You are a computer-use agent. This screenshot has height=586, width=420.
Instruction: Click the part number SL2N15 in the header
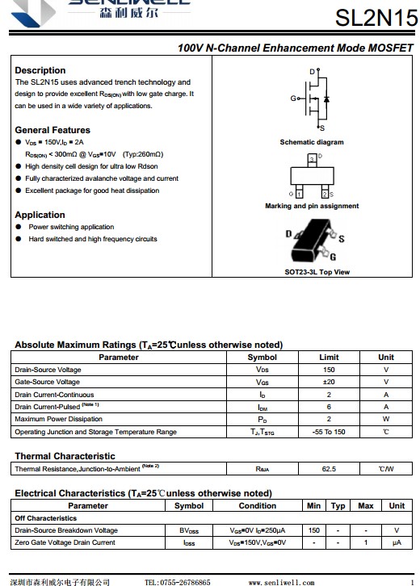point(376,18)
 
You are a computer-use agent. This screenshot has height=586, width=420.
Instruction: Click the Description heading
point(40,70)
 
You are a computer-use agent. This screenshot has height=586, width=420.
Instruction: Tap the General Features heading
point(52,130)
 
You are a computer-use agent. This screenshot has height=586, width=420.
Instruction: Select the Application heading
point(40,215)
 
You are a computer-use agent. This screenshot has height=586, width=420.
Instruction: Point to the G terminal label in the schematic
point(293,98)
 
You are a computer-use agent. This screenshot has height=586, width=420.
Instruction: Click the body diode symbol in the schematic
point(326,99)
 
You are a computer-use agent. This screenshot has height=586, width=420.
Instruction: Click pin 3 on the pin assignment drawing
point(312,160)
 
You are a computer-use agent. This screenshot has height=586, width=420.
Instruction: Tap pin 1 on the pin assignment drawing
point(299,194)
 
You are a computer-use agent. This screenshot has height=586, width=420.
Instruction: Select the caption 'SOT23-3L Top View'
point(317,272)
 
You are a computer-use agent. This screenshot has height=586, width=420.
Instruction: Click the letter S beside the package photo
point(342,238)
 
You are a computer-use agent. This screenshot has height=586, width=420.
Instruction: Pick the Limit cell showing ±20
point(329,382)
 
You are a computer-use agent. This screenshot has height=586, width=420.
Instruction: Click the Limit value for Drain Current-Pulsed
point(329,407)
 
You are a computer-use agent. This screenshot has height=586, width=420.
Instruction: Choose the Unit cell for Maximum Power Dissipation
point(386,419)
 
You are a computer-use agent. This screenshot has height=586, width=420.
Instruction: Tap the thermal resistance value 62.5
point(329,469)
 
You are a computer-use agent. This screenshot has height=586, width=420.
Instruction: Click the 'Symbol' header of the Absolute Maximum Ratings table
point(262,358)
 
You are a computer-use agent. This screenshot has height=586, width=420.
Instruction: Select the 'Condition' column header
point(258,505)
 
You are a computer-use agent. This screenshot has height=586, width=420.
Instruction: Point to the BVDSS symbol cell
point(189,530)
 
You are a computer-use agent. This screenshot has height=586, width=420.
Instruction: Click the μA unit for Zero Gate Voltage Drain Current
point(397,542)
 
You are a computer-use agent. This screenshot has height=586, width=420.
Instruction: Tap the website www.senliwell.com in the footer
point(281,582)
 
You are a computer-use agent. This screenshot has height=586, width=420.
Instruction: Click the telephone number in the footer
point(177,582)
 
